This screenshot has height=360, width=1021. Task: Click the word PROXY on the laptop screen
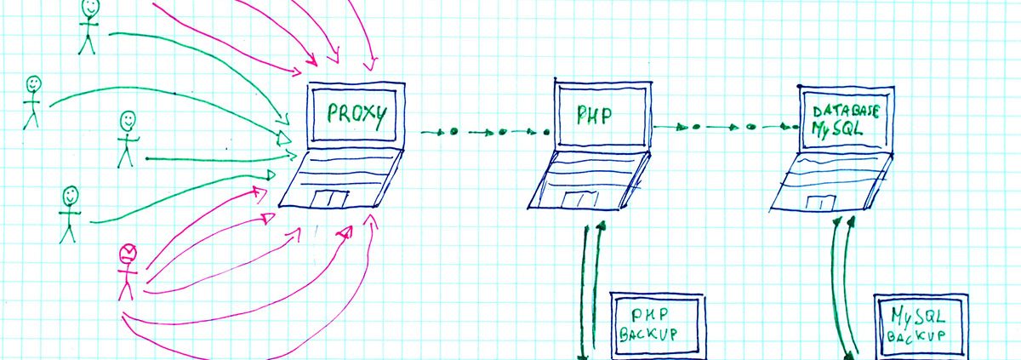point(356,114)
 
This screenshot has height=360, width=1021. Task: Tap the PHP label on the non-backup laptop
point(594,116)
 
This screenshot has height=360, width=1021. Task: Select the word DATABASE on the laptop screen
point(846,111)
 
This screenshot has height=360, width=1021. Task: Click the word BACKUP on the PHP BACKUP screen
point(648,334)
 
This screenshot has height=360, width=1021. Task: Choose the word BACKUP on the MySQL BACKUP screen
point(915,337)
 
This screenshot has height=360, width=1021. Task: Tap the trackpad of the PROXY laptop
point(330,199)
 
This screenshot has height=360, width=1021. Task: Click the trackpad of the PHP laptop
point(579,200)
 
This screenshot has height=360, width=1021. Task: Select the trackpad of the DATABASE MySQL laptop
point(821,203)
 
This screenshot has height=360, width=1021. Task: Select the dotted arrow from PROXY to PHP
point(485,132)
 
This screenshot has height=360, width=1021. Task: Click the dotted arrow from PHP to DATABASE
point(727,127)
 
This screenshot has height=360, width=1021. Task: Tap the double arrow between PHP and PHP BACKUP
point(590,292)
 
